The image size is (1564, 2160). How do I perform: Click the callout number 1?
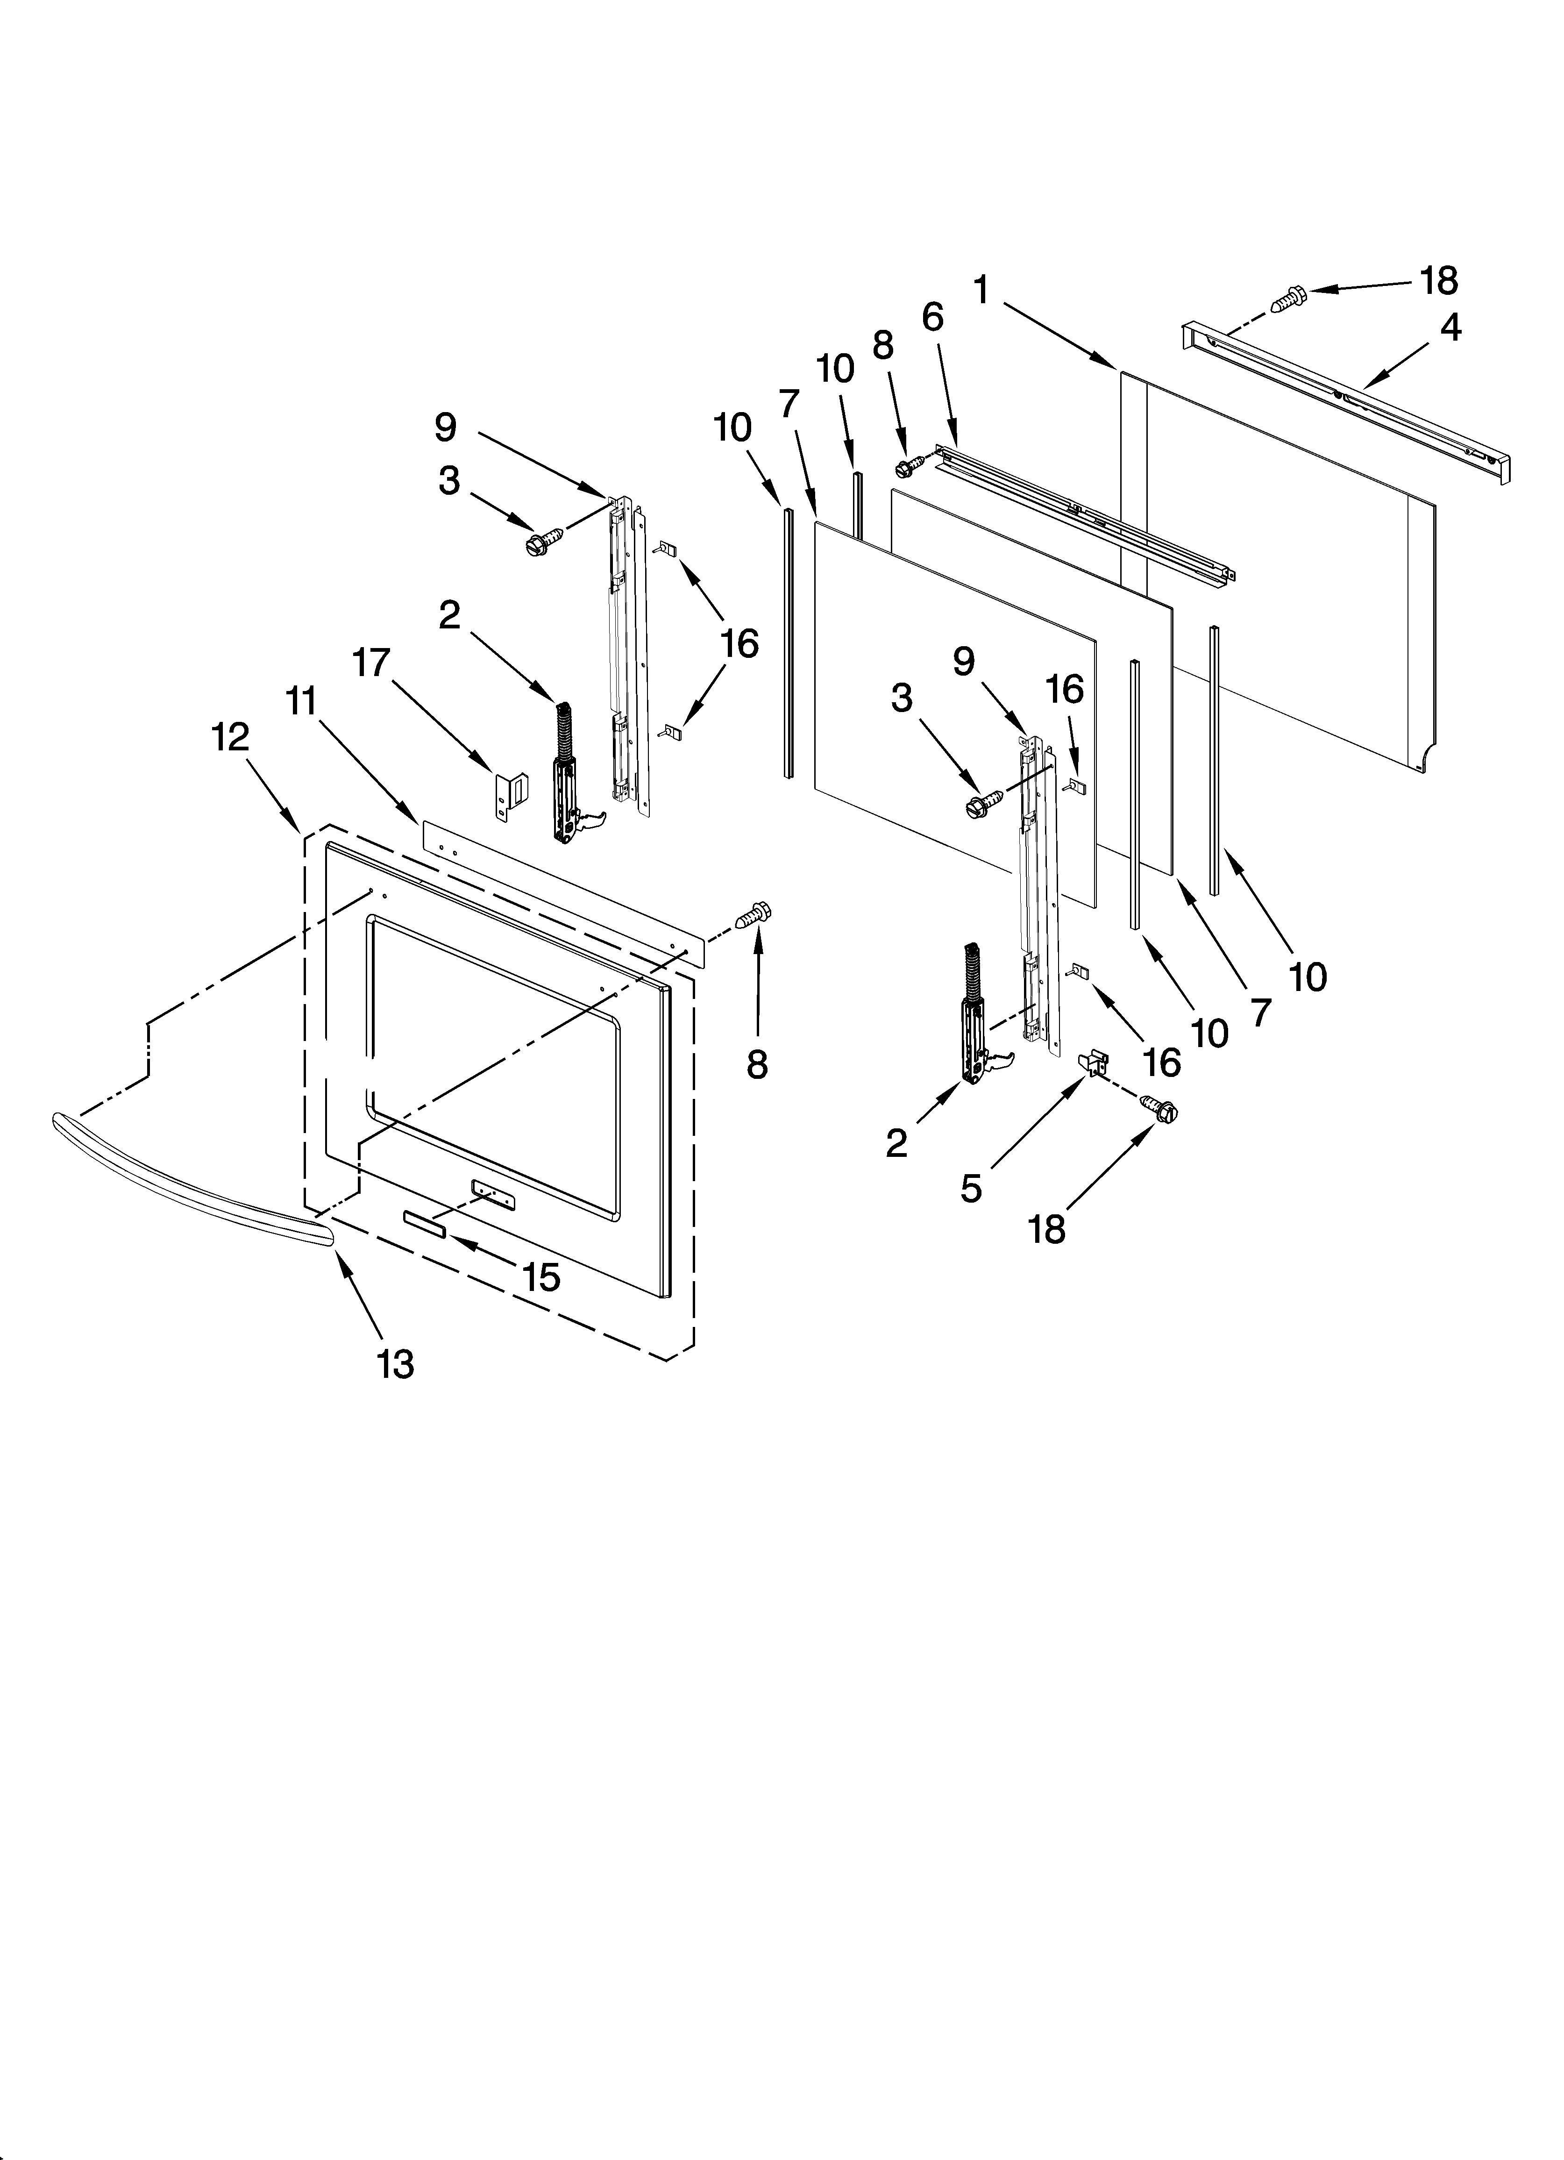(x=981, y=291)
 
